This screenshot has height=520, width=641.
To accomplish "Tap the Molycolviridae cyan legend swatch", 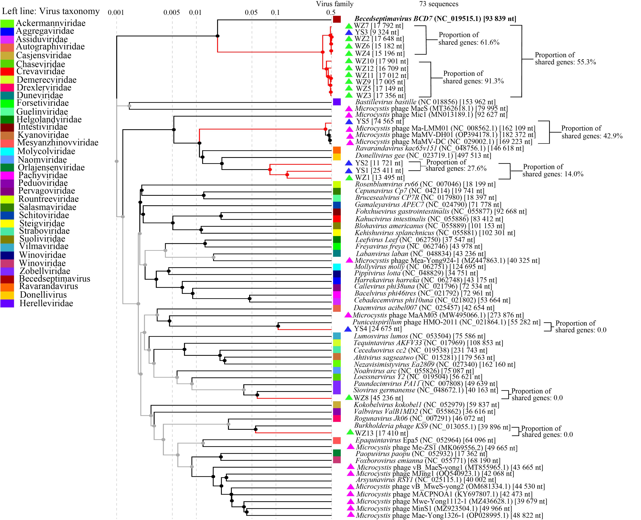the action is click(7, 151).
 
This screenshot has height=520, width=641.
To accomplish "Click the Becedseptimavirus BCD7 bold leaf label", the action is click(435, 19).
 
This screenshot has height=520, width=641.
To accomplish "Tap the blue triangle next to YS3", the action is click(349, 32).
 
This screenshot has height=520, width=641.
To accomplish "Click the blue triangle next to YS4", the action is click(348, 329).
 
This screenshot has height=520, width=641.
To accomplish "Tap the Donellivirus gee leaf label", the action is click(423, 156).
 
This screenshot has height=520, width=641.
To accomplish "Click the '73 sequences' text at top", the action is click(439, 4).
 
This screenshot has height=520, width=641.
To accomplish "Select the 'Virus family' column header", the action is click(335, 4).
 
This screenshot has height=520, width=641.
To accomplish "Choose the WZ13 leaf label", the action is click(381, 433).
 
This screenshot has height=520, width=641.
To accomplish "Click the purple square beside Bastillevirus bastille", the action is click(337, 102).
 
